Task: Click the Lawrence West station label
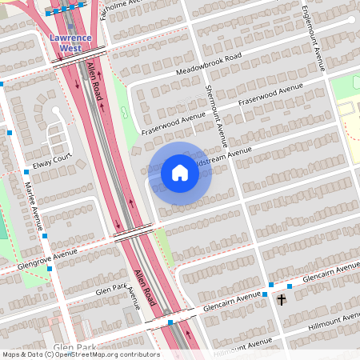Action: coord(70,42)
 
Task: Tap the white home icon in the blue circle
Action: coord(180,172)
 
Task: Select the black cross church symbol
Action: coord(281,300)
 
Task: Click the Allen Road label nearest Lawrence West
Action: coord(95,81)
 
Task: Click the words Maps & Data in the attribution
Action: coord(21,354)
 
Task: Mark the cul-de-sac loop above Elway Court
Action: coord(56,111)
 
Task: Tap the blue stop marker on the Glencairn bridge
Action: coord(170,322)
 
